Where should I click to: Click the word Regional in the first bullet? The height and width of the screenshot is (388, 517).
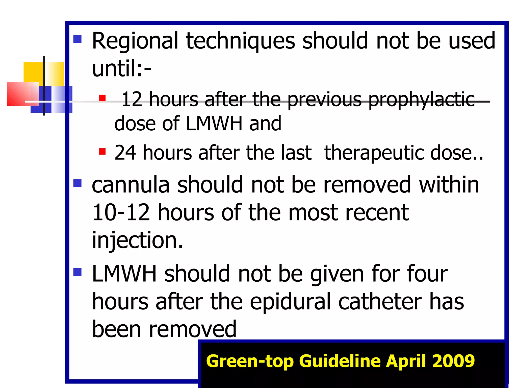click(x=135, y=41)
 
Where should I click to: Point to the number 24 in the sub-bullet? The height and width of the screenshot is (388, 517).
click(x=125, y=153)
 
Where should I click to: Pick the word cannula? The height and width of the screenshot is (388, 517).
click(x=131, y=185)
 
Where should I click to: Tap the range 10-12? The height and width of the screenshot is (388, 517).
click(x=121, y=213)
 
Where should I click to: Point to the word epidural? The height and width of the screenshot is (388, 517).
click(x=290, y=302)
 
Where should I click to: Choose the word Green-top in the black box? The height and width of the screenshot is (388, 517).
click(x=250, y=361)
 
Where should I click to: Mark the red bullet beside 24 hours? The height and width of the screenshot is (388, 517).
click(x=102, y=152)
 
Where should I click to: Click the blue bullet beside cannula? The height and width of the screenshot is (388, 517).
click(x=77, y=183)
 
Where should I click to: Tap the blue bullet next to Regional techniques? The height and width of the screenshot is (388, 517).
click(x=77, y=39)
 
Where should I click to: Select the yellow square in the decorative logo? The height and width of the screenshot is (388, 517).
click(x=34, y=72)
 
